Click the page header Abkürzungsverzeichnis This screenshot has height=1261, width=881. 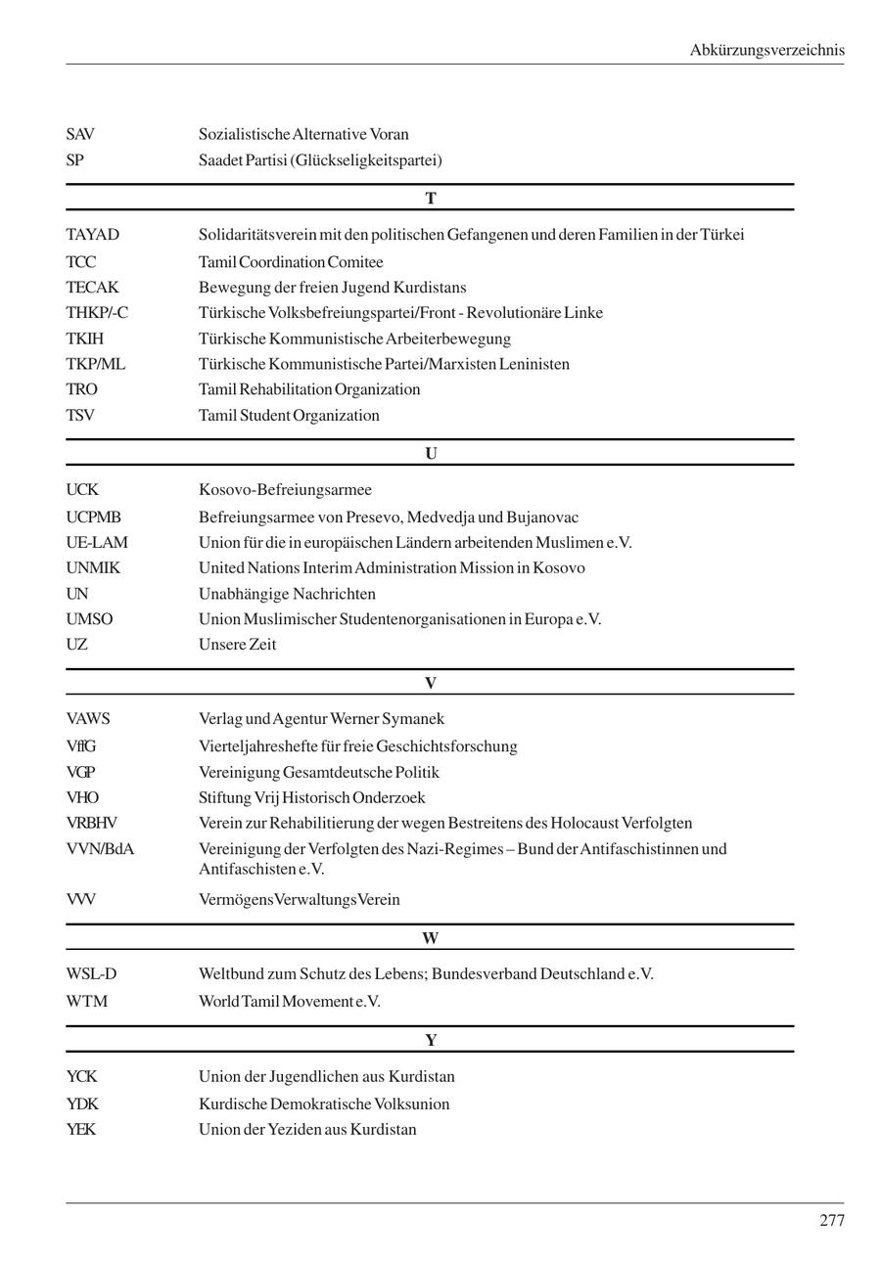tap(766, 50)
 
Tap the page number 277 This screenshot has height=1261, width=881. tap(831, 1220)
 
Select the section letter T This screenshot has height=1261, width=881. tap(430, 199)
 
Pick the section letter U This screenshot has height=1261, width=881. tap(430, 454)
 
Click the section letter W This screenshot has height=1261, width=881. tap(430, 938)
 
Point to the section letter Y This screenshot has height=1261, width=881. tap(430, 1040)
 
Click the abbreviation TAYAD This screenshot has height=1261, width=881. tap(92, 235)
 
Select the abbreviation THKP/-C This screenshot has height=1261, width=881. tap(97, 313)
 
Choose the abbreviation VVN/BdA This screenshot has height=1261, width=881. tap(100, 849)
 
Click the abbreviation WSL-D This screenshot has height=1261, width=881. tap(91, 974)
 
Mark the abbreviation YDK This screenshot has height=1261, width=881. tap(82, 1104)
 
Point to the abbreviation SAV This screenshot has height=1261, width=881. tap(80, 134)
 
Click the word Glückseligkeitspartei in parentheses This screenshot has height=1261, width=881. tap(365, 160)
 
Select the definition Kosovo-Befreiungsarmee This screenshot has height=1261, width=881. tap(285, 490)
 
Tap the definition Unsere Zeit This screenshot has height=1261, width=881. tap(237, 645)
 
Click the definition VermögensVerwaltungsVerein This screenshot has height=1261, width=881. tap(299, 900)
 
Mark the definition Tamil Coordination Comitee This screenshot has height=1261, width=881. tap(291, 262)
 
